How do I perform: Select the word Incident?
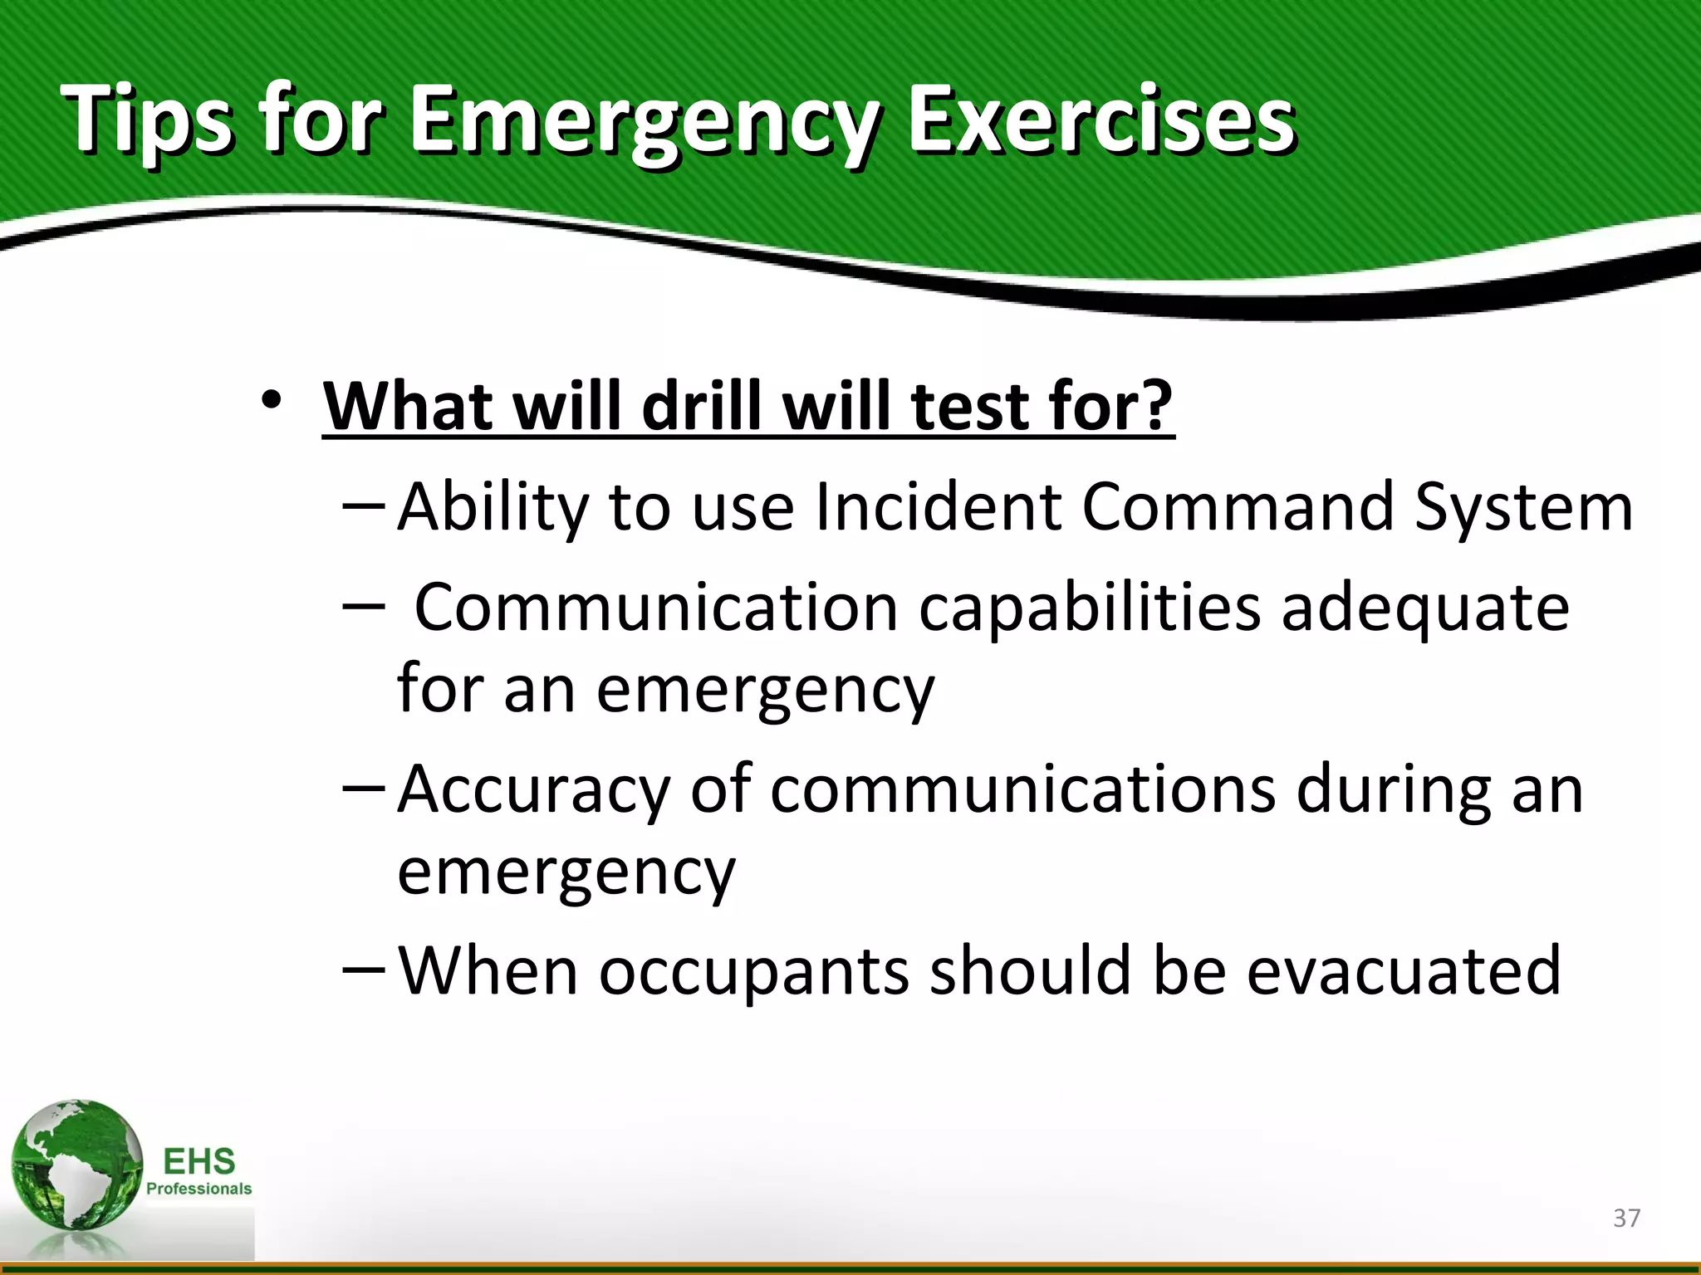point(939,507)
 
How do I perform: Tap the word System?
point(1523,507)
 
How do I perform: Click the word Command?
point(1238,507)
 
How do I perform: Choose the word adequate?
point(1425,608)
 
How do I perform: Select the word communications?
point(1022,789)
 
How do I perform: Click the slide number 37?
point(1626,1218)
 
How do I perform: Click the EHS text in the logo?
point(199,1160)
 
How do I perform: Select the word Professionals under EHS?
point(199,1189)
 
